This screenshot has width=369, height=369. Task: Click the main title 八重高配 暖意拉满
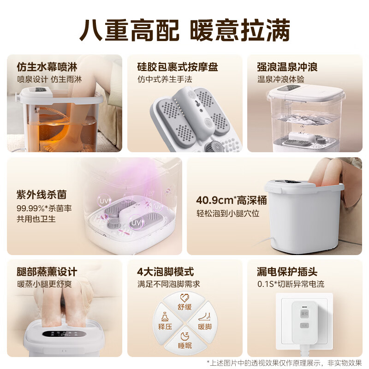click(x=185, y=30)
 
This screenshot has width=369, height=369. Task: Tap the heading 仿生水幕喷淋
click(x=47, y=67)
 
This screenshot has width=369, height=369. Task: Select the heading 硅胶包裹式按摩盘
click(x=178, y=67)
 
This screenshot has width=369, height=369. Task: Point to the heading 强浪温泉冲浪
click(x=287, y=67)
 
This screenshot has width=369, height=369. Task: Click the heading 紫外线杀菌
click(x=42, y=195)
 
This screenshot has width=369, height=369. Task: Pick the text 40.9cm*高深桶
click(x=232, y=200)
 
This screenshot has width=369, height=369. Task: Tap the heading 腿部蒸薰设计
click(x=47, y=272)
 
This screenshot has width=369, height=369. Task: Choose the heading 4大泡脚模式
click(x=166, y=272)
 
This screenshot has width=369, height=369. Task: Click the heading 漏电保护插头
click(x=287, y=272)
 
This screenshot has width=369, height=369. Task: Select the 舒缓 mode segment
click(x=184, y=303)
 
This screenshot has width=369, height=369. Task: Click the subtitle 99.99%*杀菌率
click(x=44, y=208)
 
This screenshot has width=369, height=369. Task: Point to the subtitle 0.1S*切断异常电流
click(x=291, y=284)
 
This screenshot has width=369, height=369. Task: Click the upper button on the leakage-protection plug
click(x=304, y=314)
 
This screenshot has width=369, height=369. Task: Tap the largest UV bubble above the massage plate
click(x=136, y=222)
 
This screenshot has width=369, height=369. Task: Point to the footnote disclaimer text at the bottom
click(x=284, y=363)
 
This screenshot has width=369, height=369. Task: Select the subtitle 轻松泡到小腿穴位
click(x=228, y=214)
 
